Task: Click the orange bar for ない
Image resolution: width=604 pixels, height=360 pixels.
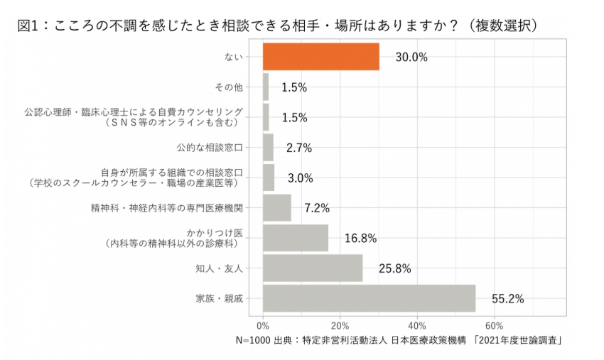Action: point(320,57)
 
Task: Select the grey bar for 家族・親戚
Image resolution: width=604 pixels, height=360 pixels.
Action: point(369,298)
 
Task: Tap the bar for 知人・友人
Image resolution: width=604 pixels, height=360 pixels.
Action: point(313,268)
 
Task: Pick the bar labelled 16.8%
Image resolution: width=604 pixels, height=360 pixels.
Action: point(296,238)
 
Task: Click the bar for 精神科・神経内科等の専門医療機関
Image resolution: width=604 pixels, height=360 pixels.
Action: point(277,208)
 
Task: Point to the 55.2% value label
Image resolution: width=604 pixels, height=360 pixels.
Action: point(507,299)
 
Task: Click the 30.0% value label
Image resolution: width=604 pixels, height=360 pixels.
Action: point(411,58)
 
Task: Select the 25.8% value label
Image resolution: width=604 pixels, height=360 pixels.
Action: point(394,268)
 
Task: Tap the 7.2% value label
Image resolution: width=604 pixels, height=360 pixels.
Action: point(317,208)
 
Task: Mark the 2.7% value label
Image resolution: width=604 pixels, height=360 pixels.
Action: point(298,148)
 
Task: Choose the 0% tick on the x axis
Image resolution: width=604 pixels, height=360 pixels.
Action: point(264,326)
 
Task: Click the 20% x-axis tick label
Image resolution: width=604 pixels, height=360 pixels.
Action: point(340,326)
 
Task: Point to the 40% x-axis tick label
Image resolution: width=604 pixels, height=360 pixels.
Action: point(418,326)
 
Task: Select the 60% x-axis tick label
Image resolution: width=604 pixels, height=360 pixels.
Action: point(495,326)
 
